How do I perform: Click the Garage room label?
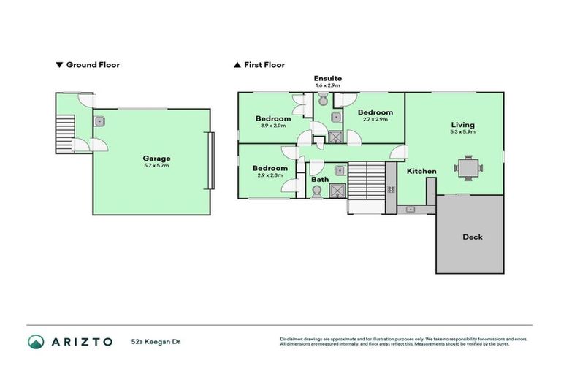[x=156, y=158]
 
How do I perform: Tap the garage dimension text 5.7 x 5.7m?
[x=156, y=166]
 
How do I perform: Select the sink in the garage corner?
[x=99, y=121]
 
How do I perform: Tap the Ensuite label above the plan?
[x=328, y=78]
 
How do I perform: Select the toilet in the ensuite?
[x=324, y=102]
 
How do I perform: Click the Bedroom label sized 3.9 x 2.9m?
[x=273, y=118]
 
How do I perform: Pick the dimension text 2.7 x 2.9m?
[x=375, y=120]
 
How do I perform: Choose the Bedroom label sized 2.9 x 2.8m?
[x=270, y=168]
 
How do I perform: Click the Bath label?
[x=320, y=179]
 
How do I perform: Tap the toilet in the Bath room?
[x=316, y=191]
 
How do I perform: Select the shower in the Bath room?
[x=337, y=191]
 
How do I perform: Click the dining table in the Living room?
[x=467, y=168]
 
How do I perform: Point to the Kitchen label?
[x=421, y=172]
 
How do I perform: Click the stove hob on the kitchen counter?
[x=392, y=189]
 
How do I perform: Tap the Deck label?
[x=472, y=237]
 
